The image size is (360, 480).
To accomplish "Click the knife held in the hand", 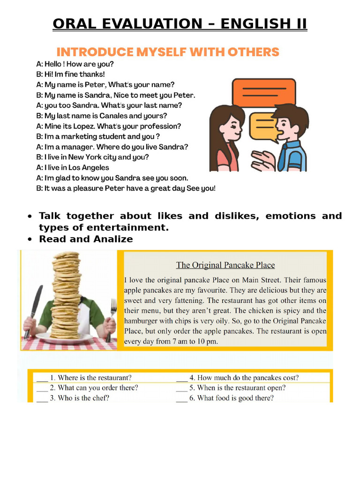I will (34, 309).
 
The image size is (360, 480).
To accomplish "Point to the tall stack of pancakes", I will (66, 295).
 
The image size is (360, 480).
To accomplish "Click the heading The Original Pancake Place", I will (225, 265).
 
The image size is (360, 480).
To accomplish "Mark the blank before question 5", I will (182, 388).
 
